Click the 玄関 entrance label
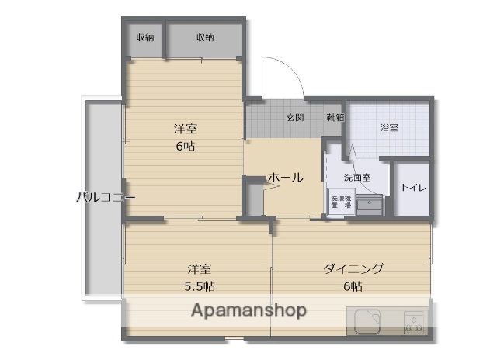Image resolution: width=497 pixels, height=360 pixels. (294, 117)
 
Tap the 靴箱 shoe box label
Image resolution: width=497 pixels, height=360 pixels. (335, 117)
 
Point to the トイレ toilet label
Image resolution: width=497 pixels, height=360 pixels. (412, 188)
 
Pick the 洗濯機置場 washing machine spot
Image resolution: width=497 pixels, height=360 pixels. (339, 202)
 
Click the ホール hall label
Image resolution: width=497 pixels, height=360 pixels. (285, 178)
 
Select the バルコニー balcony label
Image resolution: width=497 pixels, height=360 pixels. (106, 197)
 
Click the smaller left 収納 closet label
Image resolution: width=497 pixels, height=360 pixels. (144, 37)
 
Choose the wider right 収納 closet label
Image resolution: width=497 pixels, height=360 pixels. (204, 37)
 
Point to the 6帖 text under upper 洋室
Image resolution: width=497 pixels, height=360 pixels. (185, 146)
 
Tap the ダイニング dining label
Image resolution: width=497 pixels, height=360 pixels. (353, 269)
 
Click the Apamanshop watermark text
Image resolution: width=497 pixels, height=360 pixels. (250, 310)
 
